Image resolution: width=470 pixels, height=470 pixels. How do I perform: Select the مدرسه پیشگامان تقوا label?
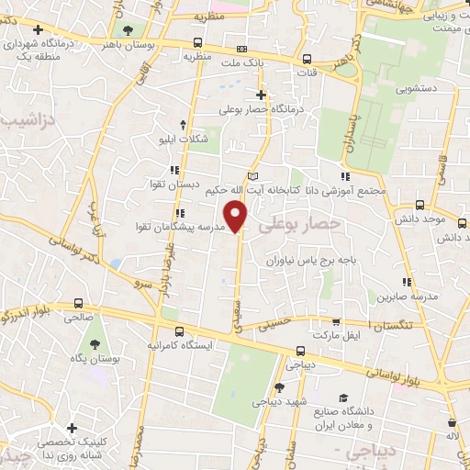[179, 226]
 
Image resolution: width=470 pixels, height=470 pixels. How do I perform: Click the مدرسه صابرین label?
[400, 297]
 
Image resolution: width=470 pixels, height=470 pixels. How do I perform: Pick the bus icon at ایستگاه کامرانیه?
[178, 330]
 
